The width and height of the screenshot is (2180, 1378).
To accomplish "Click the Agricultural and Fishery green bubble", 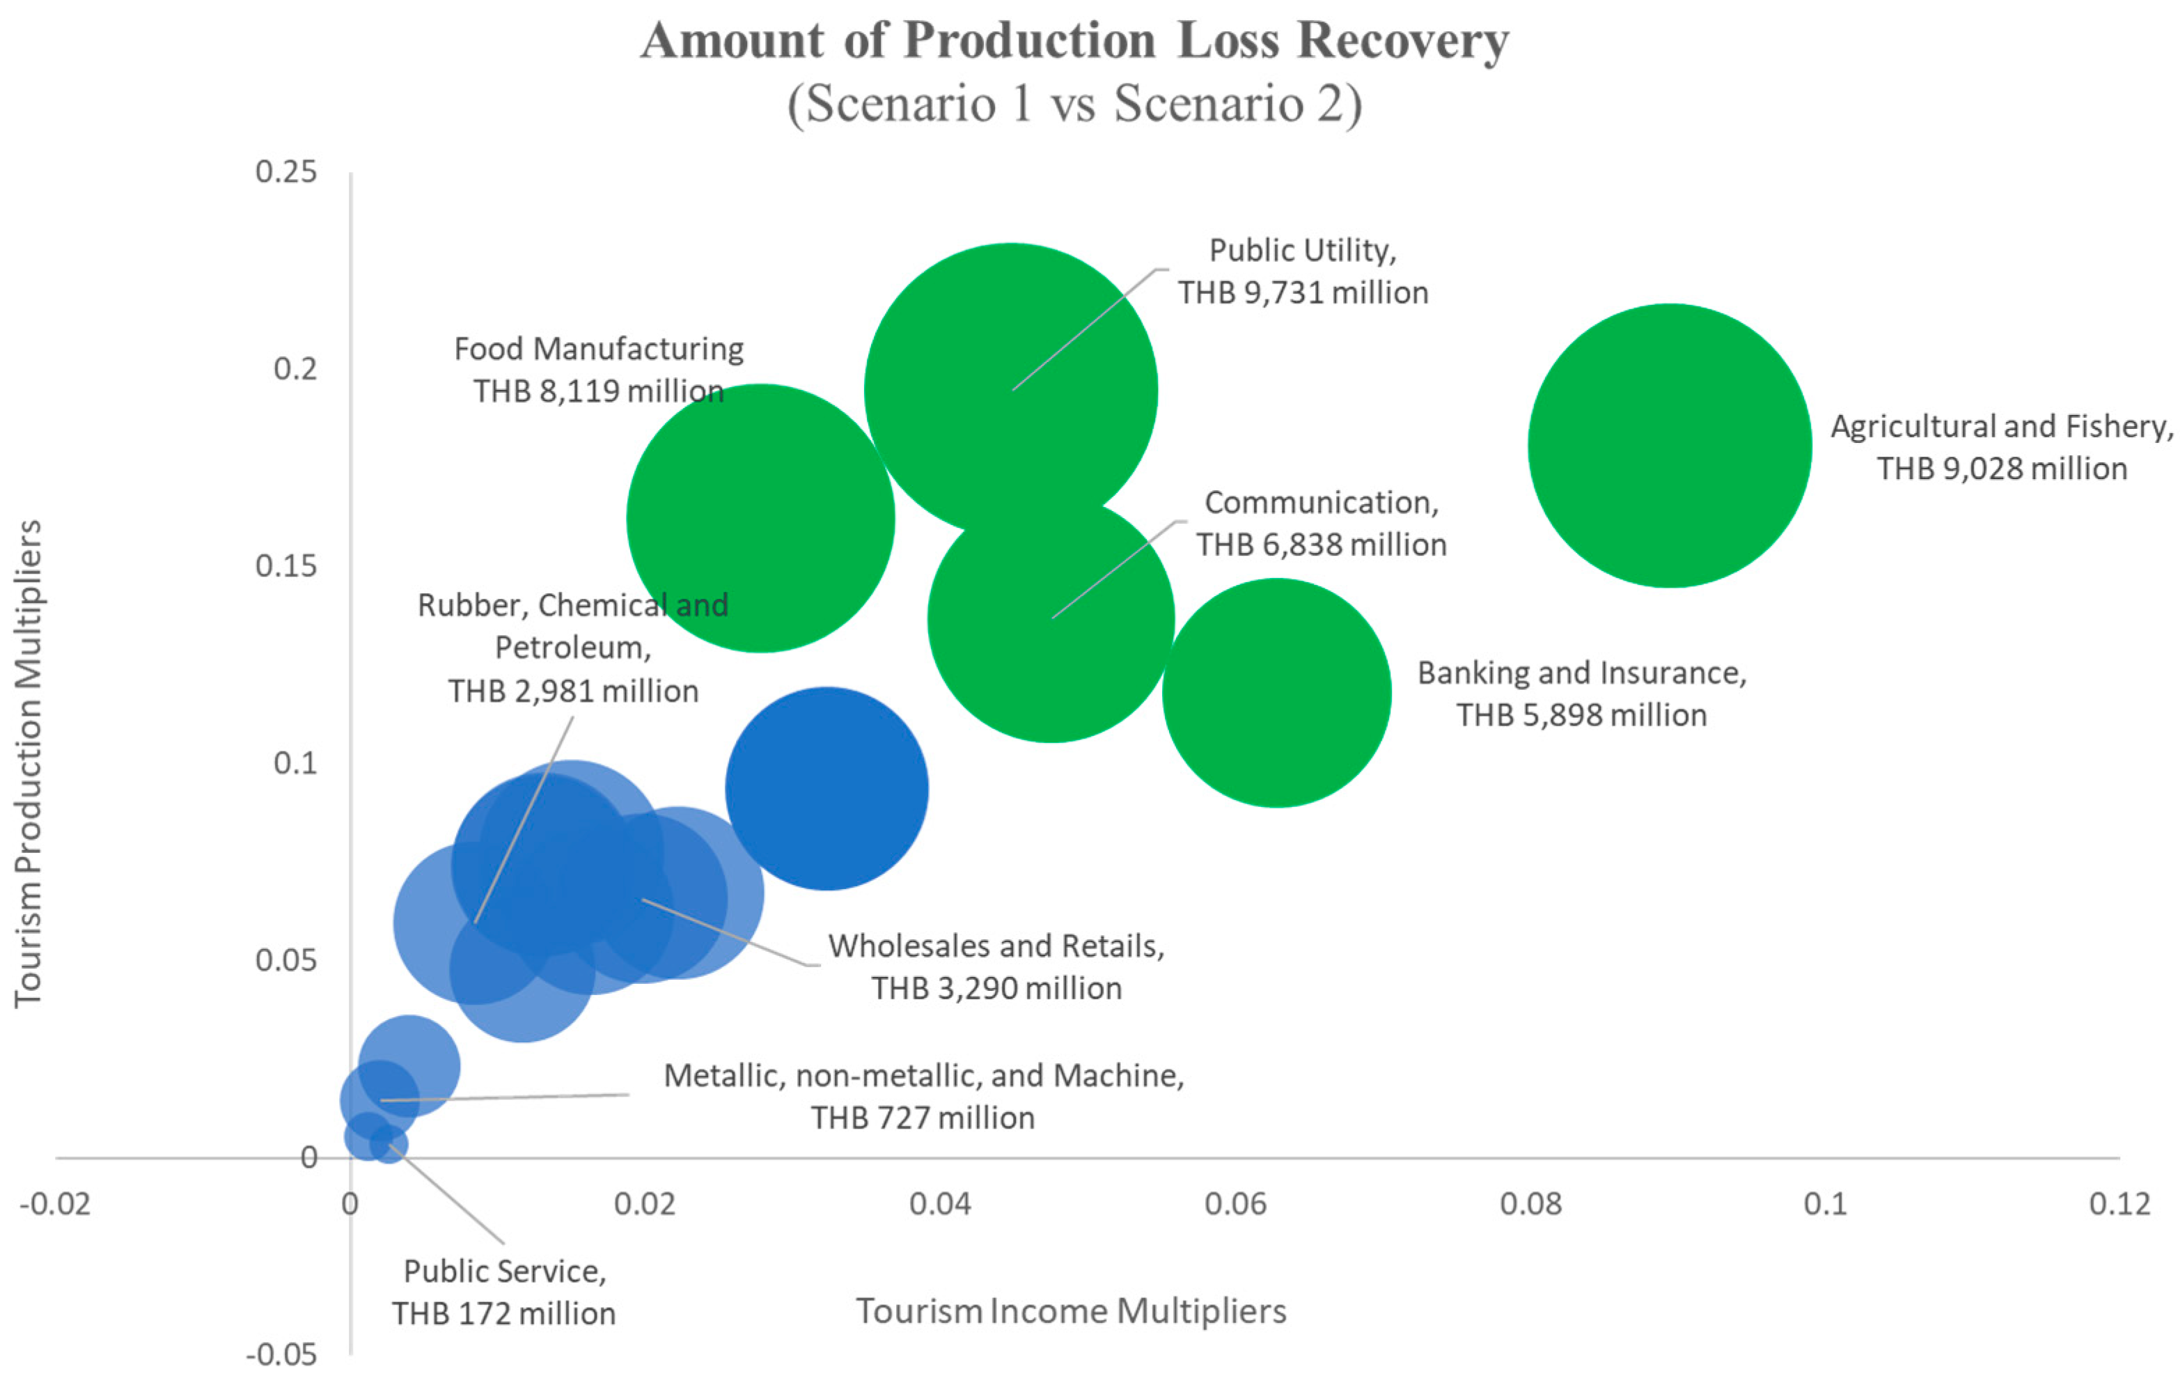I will point(1670,446).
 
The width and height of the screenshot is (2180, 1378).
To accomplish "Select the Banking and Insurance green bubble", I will point(1276,693).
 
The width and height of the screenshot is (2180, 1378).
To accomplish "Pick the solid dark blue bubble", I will point(826,788).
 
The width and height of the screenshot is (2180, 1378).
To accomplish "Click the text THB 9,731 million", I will point(1302,292).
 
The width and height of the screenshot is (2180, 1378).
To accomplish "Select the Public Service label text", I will point(504,1271).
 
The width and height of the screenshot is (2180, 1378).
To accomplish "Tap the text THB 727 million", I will point(922,1118).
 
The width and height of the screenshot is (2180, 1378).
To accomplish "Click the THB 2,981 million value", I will point(573,691).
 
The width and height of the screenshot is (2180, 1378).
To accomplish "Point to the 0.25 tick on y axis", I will point(286,171).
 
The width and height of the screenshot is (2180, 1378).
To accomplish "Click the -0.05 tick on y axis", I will point(281,1354).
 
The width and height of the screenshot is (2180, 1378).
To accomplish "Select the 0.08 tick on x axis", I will point(1530,1203).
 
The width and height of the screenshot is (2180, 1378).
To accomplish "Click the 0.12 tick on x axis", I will point(2119,1203).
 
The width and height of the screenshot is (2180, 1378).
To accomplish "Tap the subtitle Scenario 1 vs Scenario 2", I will point(1074,102).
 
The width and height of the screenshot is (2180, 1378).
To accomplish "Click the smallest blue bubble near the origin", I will point(389,1145).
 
